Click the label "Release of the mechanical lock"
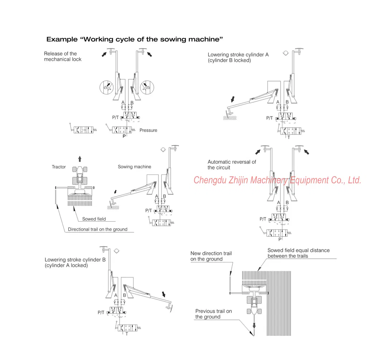click(63, 56)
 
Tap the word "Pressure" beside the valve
click(148, 130)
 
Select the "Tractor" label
click(59, 167)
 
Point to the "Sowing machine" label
click(134, 167)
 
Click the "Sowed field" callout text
click(94, 219)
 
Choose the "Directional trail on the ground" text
click(98, 229)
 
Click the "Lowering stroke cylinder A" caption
click(238, 57)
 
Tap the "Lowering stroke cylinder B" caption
click(75, 262)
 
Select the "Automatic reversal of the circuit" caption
click(232, 164)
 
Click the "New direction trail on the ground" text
click(211, 256)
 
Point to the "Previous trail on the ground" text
click(213, 314)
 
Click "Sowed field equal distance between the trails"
click(298, 253)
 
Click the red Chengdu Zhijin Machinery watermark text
click(277, 180)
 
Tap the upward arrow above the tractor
click(80, 159)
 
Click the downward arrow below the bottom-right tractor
click(254, 326)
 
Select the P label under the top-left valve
click(124, 136)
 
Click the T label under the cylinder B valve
click(126, 334)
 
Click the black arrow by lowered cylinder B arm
click(164, 294)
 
